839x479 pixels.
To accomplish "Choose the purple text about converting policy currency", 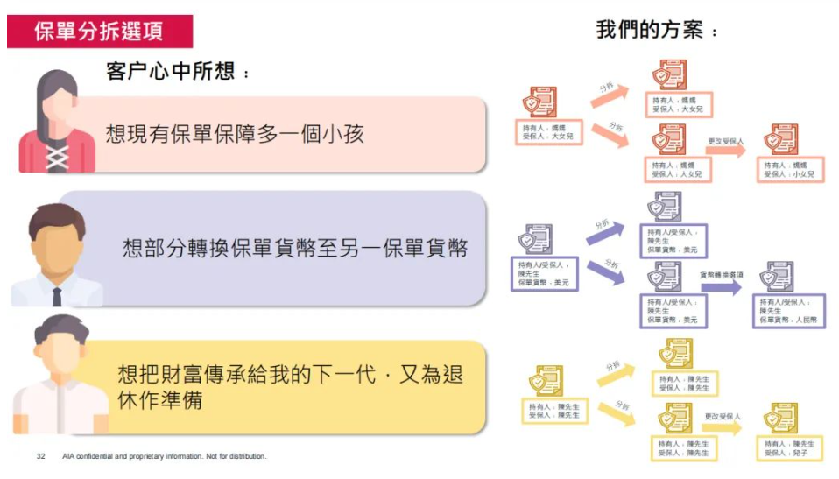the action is (295, 249).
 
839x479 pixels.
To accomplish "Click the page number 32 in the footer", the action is (40, 456).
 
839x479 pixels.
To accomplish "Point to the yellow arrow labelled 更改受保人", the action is (723, 426).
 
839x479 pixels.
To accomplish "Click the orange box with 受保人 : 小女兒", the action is (789, 169).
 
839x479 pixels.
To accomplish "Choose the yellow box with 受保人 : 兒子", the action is (787, 449).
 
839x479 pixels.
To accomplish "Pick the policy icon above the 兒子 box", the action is (779, 419).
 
